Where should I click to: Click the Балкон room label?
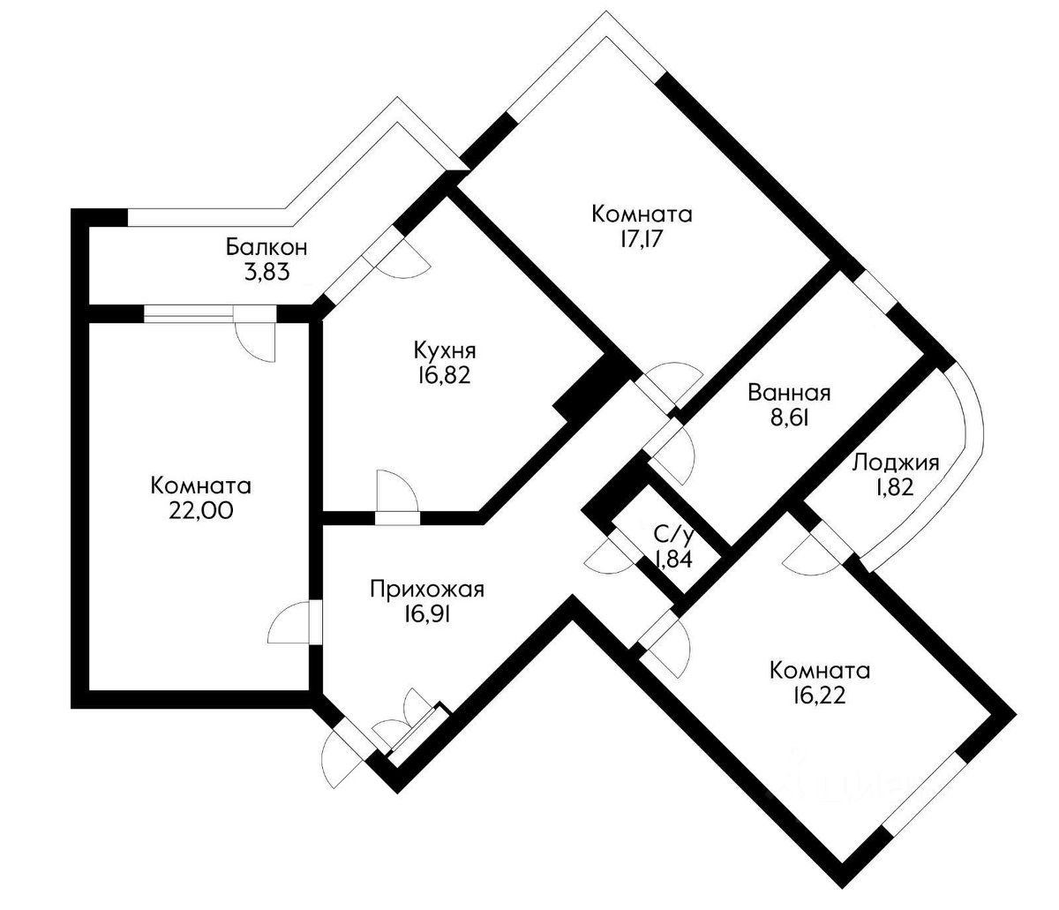(x=267, y=247)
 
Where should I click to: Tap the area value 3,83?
(x=267, y=273)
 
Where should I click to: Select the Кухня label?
(x=445, y=350)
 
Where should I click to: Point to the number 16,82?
(x=444, y=376)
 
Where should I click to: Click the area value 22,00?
(x=201, y=511)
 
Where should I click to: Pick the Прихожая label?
(x=427, y=590)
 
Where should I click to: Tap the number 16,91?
(x=427, y=614)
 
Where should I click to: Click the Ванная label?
(x=789, y=393)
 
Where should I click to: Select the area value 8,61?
(x=789, y=418)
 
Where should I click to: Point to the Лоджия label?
(x=896, y=463)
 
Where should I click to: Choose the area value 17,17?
(x=642, y=239)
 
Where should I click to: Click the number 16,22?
(x=820, y=696)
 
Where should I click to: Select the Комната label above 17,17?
(x=642, y=214)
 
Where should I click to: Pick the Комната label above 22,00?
(x=201, y=485)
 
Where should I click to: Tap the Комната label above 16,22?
(x=820, y=670)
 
